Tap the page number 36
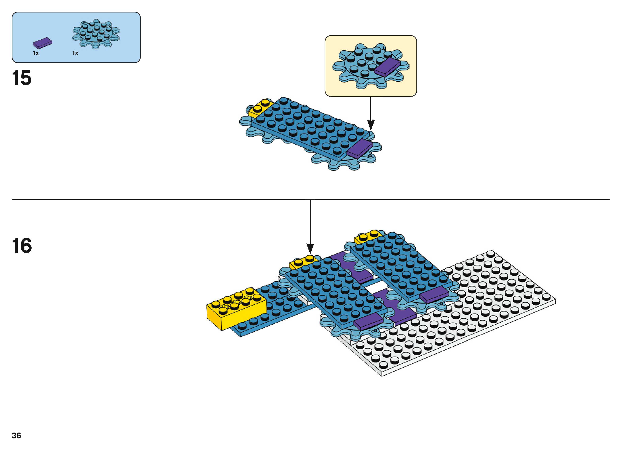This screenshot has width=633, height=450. tap(16, 435)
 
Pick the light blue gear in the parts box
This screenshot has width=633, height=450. tap(96, 34)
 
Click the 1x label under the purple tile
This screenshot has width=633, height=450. tap(36, 53)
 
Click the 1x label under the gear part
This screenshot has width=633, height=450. tap(75, 53)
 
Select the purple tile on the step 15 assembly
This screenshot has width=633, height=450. tap(360, 148)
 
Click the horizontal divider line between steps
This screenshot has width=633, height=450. tap(166, 199)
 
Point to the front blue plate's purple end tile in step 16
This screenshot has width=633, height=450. tap(368, 321)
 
